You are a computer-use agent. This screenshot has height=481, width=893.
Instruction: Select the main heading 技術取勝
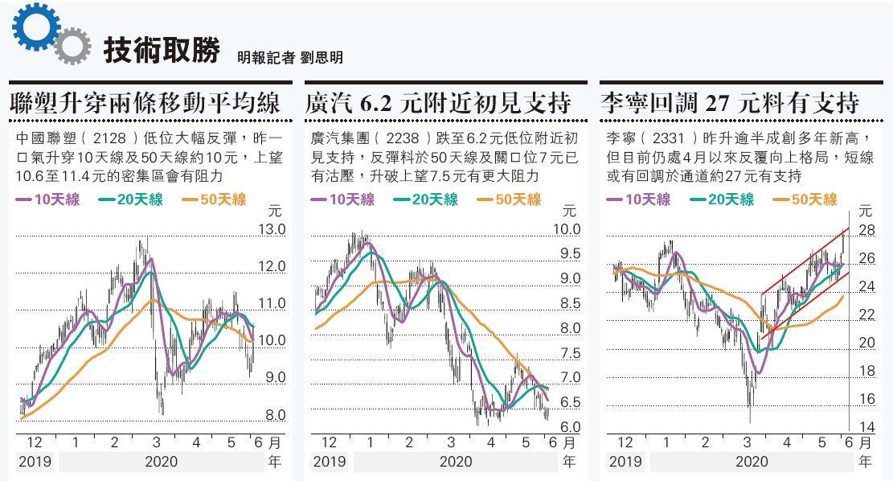coord(161,51)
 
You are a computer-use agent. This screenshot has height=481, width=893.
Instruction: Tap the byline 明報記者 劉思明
coord(290,57)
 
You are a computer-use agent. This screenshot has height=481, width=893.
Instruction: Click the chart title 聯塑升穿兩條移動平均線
coord(145,103)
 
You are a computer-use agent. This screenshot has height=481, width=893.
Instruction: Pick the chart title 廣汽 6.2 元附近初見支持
coord(438,103)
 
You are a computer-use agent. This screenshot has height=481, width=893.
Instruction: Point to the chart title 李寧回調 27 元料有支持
coord(730,103)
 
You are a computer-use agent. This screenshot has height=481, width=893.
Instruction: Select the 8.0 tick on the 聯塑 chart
coord(275,415)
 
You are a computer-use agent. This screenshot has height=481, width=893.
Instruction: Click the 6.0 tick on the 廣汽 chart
coord(569,427)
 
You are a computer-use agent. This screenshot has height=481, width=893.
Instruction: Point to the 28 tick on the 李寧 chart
coord(866,231)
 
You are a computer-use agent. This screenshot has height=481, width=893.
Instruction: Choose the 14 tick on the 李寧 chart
coord(866,427)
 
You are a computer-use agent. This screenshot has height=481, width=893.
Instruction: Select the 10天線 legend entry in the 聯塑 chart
coord(49,199)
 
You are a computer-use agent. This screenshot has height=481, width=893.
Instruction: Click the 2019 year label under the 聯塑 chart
coord(34,462)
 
